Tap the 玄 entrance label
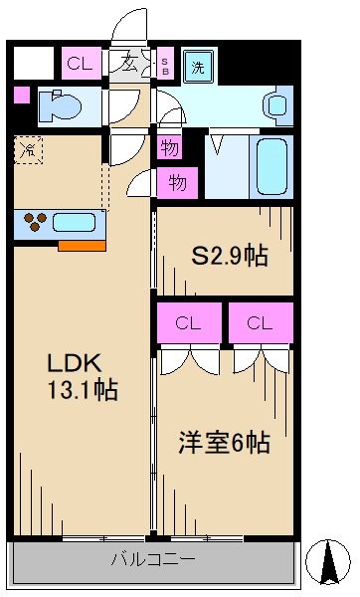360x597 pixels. (x=129, y=65)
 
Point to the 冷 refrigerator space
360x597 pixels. (x=29, y=152)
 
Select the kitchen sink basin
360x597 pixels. (x=74, y=222)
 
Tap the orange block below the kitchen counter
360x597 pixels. (x=81, y=243)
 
